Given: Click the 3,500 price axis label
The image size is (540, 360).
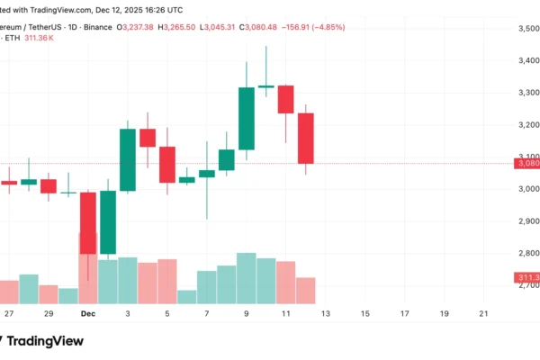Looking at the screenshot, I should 526,29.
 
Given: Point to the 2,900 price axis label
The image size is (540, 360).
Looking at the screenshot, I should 526,220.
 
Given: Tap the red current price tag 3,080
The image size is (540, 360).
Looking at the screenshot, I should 526,163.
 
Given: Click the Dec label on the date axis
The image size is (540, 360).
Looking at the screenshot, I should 88,313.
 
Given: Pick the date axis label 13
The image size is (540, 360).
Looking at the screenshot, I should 326,313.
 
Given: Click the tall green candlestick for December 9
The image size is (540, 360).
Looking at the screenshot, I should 246,118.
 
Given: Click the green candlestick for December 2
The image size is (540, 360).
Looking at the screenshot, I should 108,222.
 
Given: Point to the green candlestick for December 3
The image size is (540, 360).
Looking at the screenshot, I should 128,159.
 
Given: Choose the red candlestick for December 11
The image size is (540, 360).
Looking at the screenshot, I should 286,99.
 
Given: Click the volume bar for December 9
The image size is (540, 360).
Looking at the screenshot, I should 246,278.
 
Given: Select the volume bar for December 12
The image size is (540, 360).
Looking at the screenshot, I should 306,290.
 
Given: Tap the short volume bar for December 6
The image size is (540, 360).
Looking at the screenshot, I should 187,296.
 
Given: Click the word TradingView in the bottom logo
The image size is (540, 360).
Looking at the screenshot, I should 52,341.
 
